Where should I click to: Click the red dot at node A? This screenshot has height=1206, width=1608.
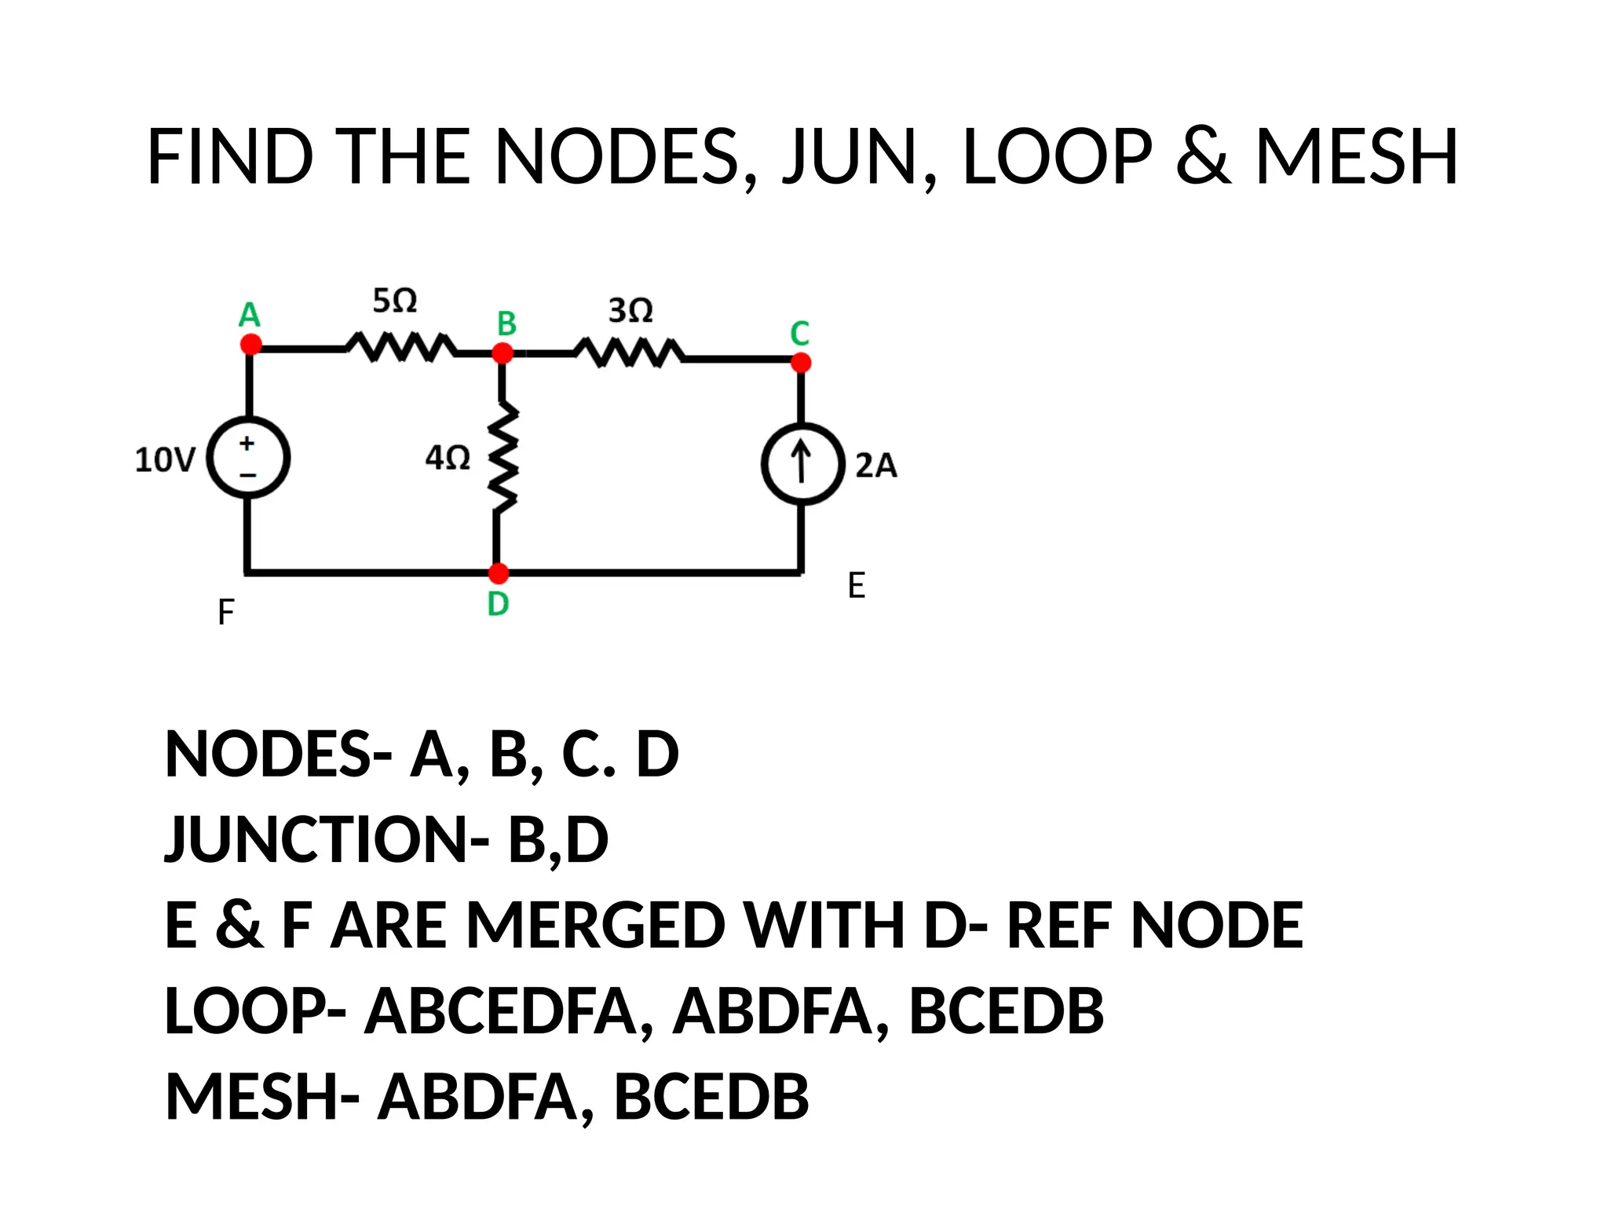tap(250, 344)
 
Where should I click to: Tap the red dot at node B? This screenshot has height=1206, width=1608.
tap(502, 353)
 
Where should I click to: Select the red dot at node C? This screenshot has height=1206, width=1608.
tap(801, 362)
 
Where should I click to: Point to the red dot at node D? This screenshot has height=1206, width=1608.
tap(499, 573)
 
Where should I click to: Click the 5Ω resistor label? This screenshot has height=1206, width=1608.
tap(394, 301)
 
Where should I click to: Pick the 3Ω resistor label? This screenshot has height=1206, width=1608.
tap(630, 311)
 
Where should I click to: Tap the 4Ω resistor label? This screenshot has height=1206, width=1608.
tap(448, 458)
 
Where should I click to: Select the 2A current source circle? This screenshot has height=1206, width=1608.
tap(802, 463)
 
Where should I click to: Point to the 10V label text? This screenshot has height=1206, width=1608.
tap(165, 460)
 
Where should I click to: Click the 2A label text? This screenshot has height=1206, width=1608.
tap(875, 466)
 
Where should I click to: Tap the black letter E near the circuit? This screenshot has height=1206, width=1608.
tap(857, 586)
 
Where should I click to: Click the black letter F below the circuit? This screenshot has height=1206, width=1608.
tap(226, 612)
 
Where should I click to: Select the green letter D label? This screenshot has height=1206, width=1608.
tap(499, 604)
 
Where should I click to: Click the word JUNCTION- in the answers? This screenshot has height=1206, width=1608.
tap(327, 839)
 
